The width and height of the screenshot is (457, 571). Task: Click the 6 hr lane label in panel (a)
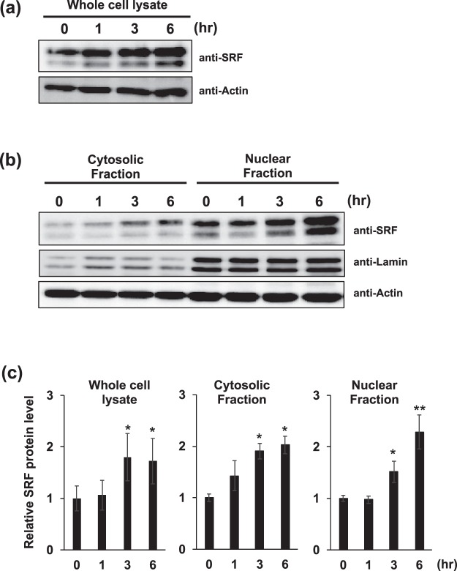click(x=172, y=29)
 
